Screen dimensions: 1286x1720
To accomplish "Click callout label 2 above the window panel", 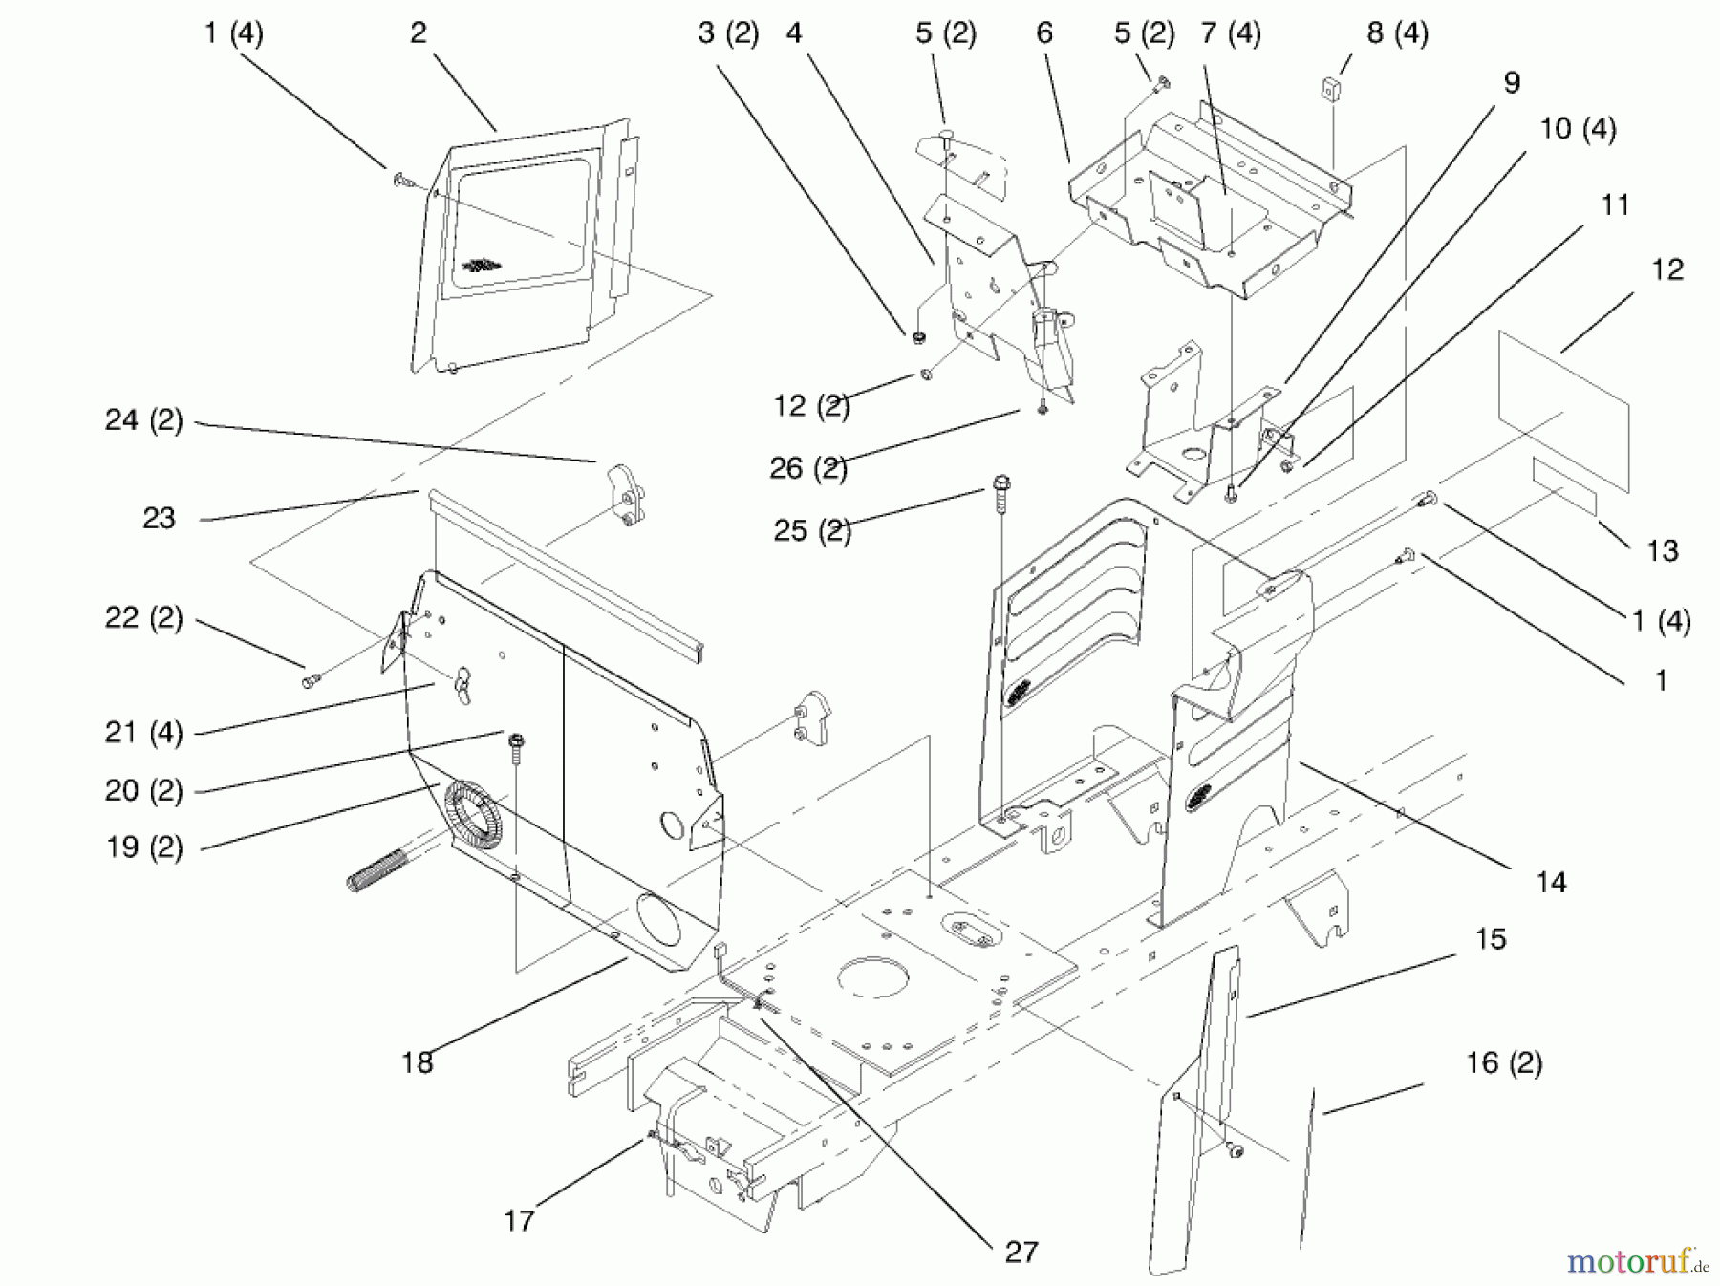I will point(419,33).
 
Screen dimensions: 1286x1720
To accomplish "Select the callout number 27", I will point(1021,1252).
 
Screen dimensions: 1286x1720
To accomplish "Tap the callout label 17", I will point(519,1220).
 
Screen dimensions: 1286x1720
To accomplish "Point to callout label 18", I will point(417,1062).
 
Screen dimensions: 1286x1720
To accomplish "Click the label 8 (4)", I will point(1397,33).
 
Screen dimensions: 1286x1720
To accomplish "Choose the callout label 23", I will point(159,519).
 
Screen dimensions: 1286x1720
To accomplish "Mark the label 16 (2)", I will point(1504,1063).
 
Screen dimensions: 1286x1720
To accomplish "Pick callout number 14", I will point(1551,882).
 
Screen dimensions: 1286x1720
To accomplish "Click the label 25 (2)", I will point(811,530).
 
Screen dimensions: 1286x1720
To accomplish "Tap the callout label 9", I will point(1511,83).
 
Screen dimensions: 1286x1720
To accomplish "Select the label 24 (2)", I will point(143,420).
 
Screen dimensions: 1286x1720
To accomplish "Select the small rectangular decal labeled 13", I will point(1564,486).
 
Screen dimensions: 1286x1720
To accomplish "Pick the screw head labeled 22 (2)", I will point(312,680).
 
